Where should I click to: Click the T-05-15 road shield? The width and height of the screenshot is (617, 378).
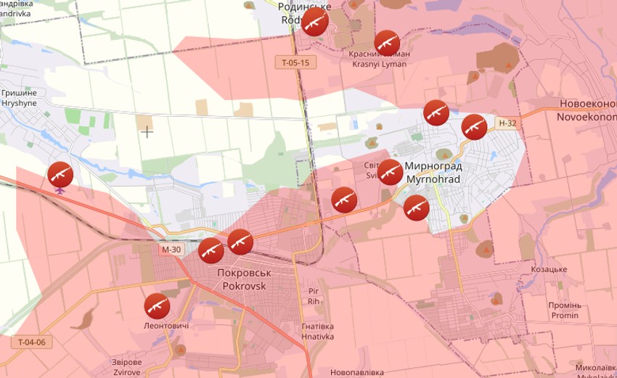[x=296, y=62]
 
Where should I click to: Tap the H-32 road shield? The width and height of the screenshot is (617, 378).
[x=508, y=123]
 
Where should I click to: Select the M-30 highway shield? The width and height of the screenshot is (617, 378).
[x=172, y=250]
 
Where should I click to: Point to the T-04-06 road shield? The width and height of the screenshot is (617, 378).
[x=32, y=342]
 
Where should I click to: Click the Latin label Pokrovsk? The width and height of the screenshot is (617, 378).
[x=242, y=286]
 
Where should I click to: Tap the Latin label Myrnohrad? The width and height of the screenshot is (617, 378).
[x=433, y=178]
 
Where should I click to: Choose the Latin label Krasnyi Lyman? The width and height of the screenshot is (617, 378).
[x=379, y=64]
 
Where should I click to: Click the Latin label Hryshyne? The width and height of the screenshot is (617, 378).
[x=19, y=104]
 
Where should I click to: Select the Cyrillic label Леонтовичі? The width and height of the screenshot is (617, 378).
[x=166, y=326]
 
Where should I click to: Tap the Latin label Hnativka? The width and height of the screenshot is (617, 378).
[x=318, y=336]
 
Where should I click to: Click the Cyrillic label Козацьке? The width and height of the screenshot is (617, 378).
[x=548, y=269]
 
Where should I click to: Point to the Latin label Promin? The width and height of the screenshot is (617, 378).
[x=565, y=315]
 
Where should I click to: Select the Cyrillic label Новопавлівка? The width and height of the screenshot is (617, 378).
[x=356, y=371]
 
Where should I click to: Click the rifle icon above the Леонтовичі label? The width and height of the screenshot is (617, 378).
[x=157, y=306]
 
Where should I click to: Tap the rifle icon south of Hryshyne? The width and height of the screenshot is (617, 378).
[x=60, y=174]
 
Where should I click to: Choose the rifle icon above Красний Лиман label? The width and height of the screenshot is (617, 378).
[x=387, y=42]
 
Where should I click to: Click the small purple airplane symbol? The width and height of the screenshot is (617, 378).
[x=60, y=191]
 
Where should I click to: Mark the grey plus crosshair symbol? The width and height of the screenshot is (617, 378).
[x=147, y=132]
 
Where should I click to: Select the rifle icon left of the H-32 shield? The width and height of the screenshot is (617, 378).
[x=474, y=127]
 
